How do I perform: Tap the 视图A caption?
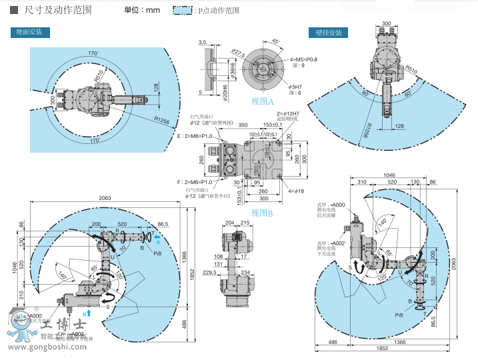[263, 101]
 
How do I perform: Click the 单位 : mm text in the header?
[142, 11]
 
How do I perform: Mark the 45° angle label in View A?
[275, 41]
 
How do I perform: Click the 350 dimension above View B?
[243, 124]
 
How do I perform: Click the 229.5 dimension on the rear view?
[211, 271]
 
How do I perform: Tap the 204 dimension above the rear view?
[231, 223]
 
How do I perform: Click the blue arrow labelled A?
[157, 236]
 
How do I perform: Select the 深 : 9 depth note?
[297, 65]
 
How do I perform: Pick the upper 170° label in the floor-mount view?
[93, 53]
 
